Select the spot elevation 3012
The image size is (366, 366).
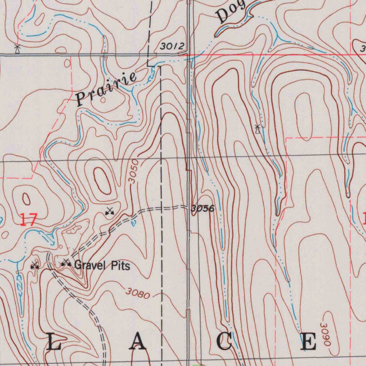(172, 46)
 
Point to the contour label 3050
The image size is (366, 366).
(134, 172)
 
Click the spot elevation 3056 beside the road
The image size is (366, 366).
(202, 208)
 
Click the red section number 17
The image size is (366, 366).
(28, 219)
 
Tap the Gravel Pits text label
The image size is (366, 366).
(102, 266)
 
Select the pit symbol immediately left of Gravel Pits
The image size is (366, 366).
(66, 263)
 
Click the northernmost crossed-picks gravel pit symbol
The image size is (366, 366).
(109, 212)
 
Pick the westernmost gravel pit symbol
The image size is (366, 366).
(34, 266)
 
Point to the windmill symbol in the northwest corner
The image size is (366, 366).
(16, 49)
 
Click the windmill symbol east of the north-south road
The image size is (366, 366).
(257, 129)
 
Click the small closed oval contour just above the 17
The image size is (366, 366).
(26, 199)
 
